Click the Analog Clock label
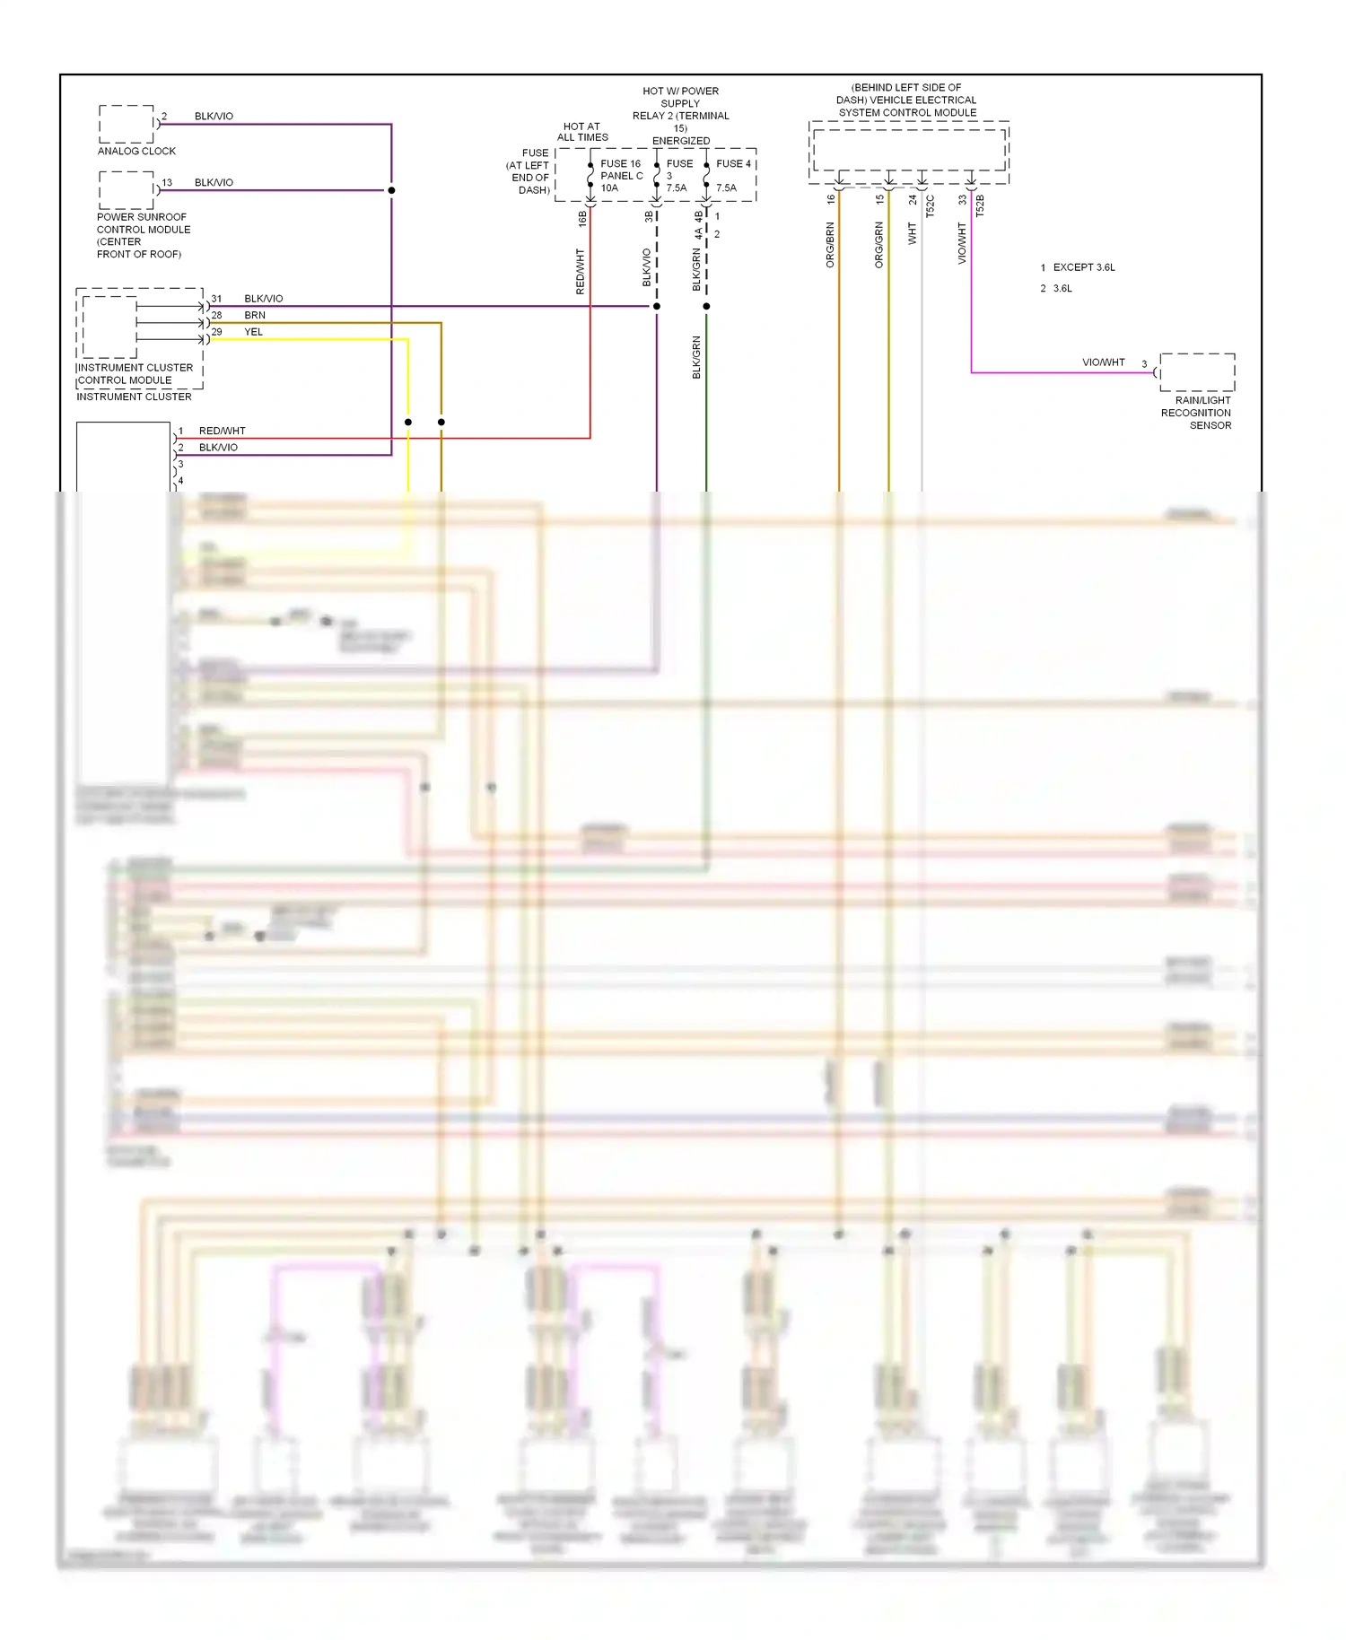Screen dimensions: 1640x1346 point(136,151)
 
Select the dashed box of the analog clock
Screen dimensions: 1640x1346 point(126,124)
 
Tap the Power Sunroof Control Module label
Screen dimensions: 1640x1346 point(143,235)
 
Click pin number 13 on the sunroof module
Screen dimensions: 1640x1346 point(167,182)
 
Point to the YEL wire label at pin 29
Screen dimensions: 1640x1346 point(254,332)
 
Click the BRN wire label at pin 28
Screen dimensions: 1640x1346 point(255,315)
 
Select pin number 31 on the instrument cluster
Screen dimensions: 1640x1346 point(216,299)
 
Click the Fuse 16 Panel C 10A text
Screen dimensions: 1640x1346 point(621,176)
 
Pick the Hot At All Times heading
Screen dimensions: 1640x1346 point(582,132)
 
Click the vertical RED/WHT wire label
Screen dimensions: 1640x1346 point(580,272)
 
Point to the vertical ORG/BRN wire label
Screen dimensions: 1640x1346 point(830,245)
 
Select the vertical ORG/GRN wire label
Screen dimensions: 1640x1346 point(879,245)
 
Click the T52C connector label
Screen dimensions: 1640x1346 point(931,205)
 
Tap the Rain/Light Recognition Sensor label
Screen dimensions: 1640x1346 point(1197,413)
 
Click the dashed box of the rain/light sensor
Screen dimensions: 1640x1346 point(1197,371)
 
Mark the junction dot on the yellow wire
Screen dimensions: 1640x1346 point(408,422)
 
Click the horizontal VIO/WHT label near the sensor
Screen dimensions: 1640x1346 point(1103,362)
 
